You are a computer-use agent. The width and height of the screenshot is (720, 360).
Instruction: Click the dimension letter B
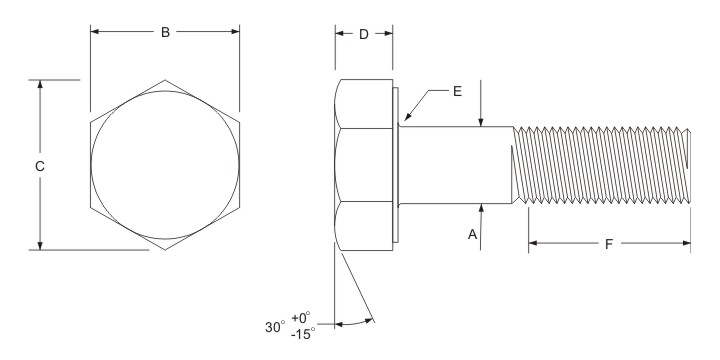pyautogui.click(x=166, y=32)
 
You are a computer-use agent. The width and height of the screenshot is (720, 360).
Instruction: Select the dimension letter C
pyautogui.click(x=39, y=166)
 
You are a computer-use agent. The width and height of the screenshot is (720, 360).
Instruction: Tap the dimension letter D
pyautogui.click(x=364, y=33)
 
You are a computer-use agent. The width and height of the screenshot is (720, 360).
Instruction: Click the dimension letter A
pyautogui.click(x=472, y=233)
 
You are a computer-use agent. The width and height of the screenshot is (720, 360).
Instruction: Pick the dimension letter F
pyautogui.click(x=609, y=242)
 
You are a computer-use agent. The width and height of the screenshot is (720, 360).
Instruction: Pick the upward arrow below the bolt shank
pyautogui.click(x=481, y=209)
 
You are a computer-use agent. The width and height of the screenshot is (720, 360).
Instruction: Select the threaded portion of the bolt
pyautogui.click(x=600, y=165)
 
